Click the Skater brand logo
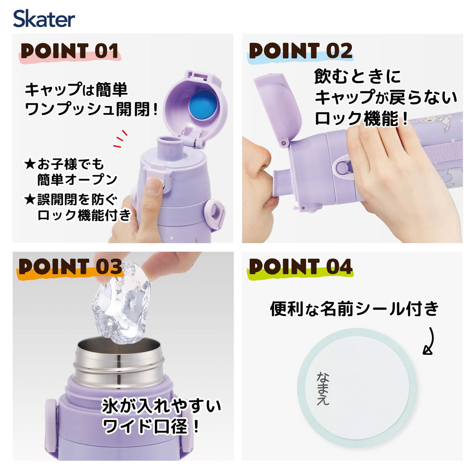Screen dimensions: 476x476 (x=44, y=19)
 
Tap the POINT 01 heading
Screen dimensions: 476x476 (x=70, y=51)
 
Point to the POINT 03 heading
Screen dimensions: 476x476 (x=70, y=267)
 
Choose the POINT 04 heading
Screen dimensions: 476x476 (x=301, y=267)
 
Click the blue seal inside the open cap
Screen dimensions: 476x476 (x=203, y=104)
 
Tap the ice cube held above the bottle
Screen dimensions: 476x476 (x=122, y=304)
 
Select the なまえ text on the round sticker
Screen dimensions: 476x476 (x=323, y=389)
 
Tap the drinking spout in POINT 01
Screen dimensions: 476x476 (x=169, y=147)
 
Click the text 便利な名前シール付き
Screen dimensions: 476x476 (x=354, y=309)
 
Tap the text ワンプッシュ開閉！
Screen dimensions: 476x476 (x=91, y=109)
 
